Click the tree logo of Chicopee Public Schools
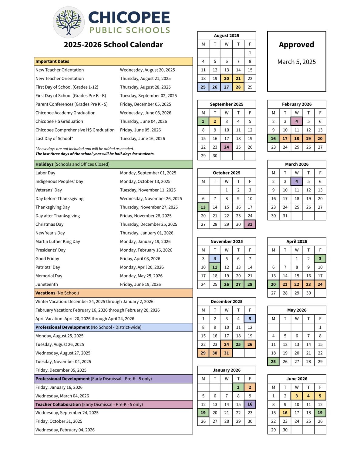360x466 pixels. (x=69, y=22)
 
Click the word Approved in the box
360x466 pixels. (x=296, y=45)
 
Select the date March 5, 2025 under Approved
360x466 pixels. (x=296, y=62)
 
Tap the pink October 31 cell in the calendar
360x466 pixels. (x=250, y=225)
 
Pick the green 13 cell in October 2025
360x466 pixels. (x=203, y=207)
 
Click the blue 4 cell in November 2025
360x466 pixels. (x=215, y=259)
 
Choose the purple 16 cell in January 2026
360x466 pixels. (x=250, y=404)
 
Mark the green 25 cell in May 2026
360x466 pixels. (x=273, y=362)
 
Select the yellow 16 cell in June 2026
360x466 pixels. (x=285, y=413)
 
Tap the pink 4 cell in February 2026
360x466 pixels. (x=297, y=121)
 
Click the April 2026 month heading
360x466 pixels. (x=297, y=241)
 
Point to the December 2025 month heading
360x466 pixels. (x=227, y=302)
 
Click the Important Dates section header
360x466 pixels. (x=52, y=61)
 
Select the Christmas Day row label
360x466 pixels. (x=49, y=225)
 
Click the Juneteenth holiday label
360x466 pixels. (x=47, y=285)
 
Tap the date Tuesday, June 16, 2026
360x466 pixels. (x=143, y=139)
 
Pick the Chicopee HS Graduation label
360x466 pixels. (x=59, y=121)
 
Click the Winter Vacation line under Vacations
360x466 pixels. (x=94, y=302)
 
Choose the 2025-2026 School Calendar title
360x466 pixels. (x=113, y=45)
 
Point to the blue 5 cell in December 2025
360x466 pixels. (x=250, y=319)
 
